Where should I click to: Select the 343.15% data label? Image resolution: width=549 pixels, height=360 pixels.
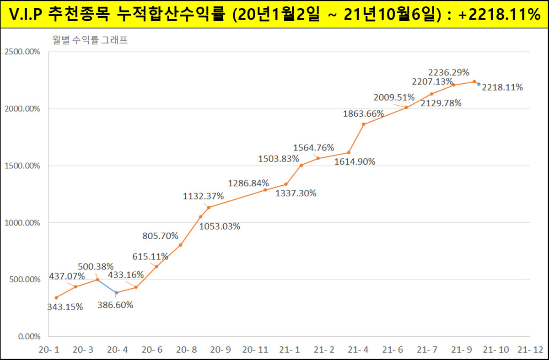click(65, 307)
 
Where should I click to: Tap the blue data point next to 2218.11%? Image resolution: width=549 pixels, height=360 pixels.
click(479, 84)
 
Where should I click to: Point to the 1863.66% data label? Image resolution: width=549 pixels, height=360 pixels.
click(363, 114)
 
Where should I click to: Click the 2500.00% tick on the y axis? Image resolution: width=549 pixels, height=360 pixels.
click(22, 52)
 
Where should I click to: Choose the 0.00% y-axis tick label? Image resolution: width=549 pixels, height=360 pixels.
click(29, 337)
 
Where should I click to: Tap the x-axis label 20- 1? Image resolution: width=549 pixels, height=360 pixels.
click(48, 350)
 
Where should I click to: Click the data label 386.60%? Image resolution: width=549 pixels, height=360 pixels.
click(115, 305)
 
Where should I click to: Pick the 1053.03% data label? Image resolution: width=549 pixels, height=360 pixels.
click(220, 226)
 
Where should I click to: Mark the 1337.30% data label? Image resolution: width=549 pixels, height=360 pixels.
click(296, 193)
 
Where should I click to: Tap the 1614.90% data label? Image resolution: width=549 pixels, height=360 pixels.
click(355, 161)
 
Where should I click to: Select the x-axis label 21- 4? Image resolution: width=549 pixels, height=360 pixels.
click(358, 350)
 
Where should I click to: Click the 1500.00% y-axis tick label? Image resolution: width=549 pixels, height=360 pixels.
click(22, 166)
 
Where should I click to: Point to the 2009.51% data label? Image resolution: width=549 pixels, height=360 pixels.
click(394, 97)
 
